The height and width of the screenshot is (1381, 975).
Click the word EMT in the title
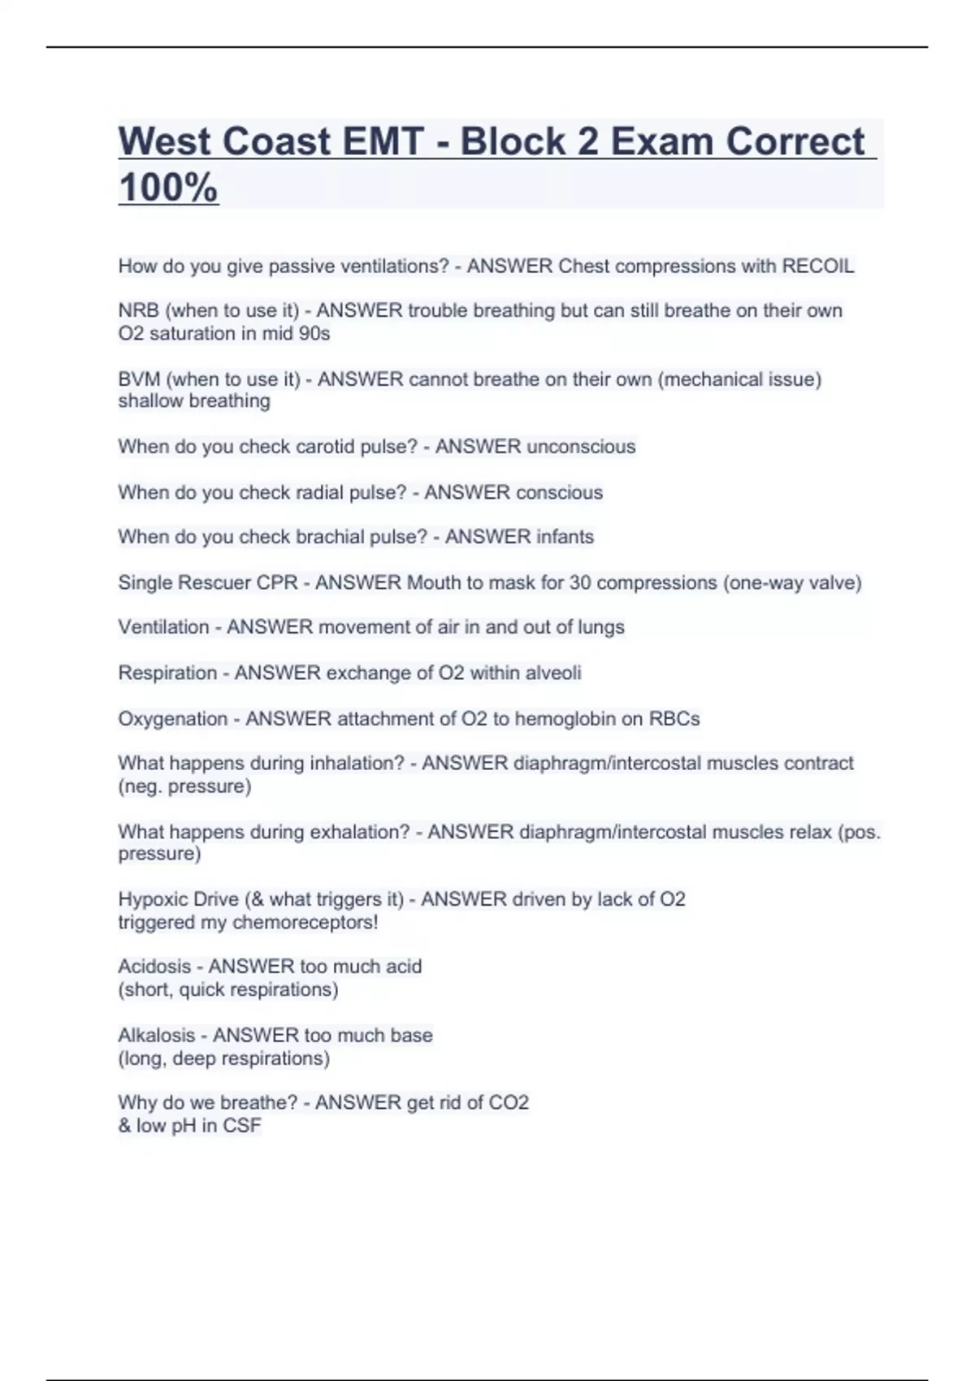383,141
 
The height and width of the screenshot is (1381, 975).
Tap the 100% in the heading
168,187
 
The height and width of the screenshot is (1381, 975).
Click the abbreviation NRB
138,310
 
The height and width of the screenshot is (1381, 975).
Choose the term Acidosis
154,967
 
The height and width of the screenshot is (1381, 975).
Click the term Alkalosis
157,1036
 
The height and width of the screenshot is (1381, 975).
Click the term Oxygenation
172,719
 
